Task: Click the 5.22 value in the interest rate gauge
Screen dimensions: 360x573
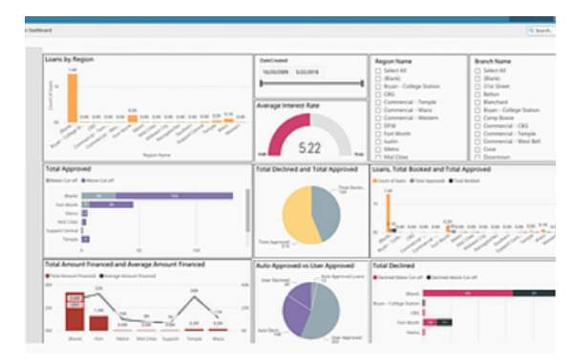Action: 309,148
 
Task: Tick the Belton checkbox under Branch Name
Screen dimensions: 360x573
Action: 478,93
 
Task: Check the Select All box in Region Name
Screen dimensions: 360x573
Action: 379,71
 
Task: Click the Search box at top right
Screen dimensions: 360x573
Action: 541,31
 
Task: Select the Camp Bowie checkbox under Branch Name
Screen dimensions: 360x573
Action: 478,116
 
